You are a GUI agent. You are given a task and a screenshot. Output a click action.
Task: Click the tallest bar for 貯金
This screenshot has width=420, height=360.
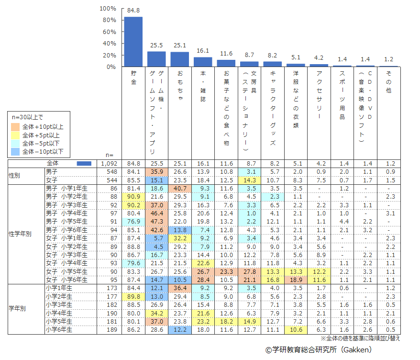click(x=133, y=42)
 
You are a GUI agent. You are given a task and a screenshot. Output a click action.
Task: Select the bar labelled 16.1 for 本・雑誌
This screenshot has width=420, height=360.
click(x=203, y=62)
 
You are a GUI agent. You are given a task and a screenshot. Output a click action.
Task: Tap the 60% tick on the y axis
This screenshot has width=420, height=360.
click(x=108, y=32)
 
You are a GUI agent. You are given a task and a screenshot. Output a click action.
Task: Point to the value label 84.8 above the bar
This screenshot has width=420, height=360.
click(x=133, y=10)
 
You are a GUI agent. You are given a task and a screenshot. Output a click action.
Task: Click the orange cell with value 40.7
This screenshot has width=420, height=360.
click(x=179, y=189)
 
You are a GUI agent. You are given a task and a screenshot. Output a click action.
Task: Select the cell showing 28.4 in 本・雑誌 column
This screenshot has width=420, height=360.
click(x=203, y=280)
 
